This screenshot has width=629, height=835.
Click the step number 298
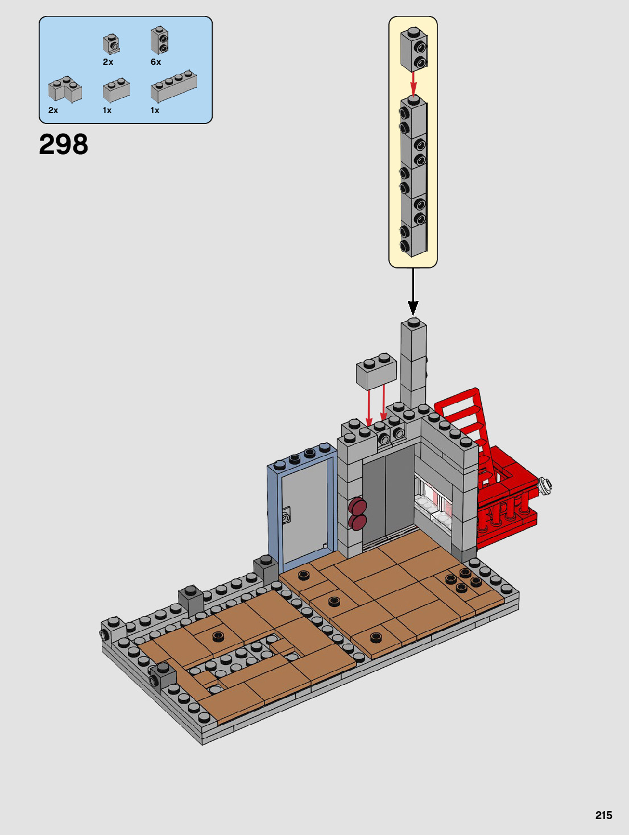click(64, 144)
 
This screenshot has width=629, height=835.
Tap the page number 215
click(603, 815)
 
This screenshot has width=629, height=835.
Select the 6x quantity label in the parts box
click(156, 62)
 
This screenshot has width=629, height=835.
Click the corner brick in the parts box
click(65, 89)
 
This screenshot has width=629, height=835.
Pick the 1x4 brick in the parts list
click(173, 86)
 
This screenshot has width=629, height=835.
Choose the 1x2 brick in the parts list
click(116, 90)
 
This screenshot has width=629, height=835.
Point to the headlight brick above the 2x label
click(111, 44)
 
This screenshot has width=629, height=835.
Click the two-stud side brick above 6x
click(160, 40)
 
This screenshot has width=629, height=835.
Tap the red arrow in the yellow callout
click(414, 83)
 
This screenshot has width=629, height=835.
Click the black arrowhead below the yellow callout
click(413, 308)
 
